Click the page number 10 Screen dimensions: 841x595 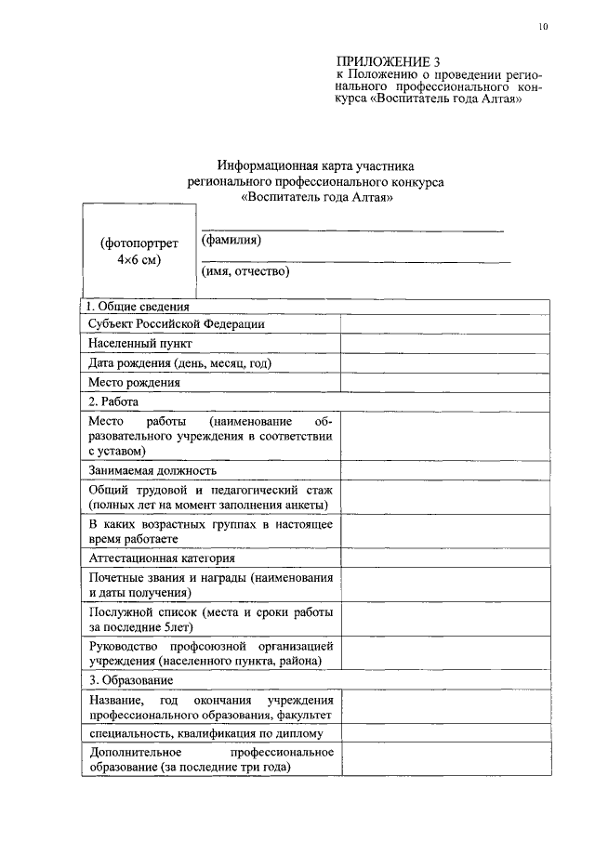tap(543, 26)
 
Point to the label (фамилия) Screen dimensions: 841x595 tap(231, 240)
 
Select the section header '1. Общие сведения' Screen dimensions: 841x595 tap(137, 306)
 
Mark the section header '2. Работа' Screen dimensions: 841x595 tap(112, 401)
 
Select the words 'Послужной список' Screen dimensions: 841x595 tap(142, 612)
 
